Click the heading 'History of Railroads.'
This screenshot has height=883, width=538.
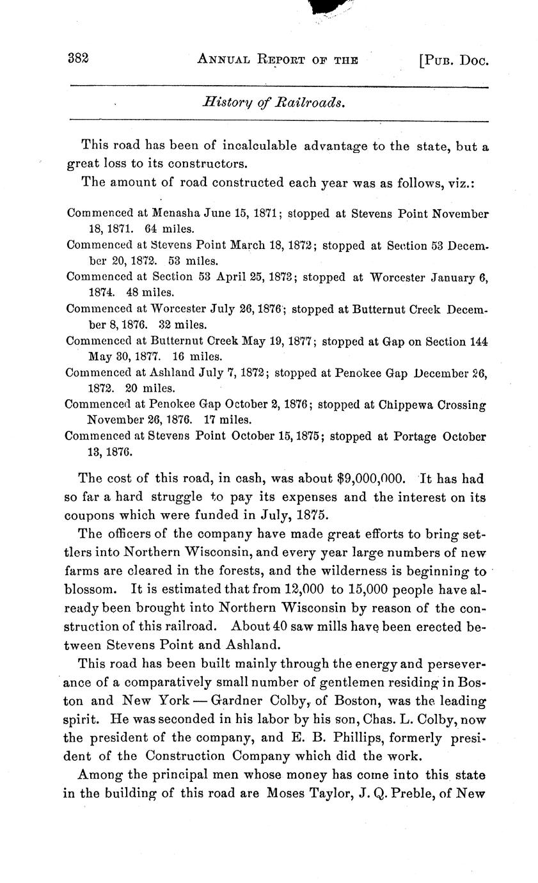click(274, 102)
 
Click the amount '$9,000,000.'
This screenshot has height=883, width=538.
click(372, 479)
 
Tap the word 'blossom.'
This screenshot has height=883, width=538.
click(94, 589)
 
